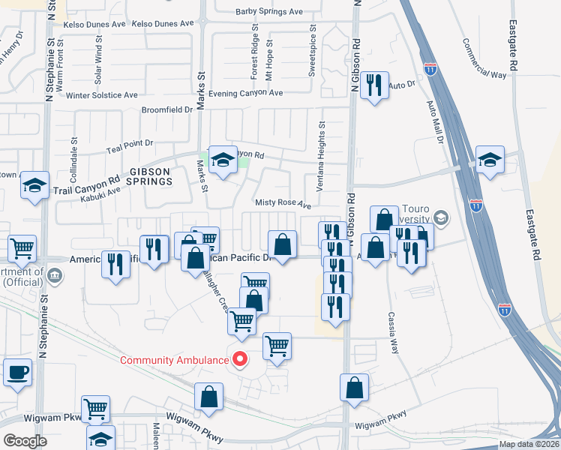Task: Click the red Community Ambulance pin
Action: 241,359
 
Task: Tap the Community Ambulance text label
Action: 174,360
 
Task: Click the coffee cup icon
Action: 17,372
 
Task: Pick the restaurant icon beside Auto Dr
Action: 374,85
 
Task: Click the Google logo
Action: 25,441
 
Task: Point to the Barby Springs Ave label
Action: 268,12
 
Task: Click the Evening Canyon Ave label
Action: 245,93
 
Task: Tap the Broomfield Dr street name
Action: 167,109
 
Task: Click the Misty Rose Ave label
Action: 283,204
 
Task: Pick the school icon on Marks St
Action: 223,160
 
